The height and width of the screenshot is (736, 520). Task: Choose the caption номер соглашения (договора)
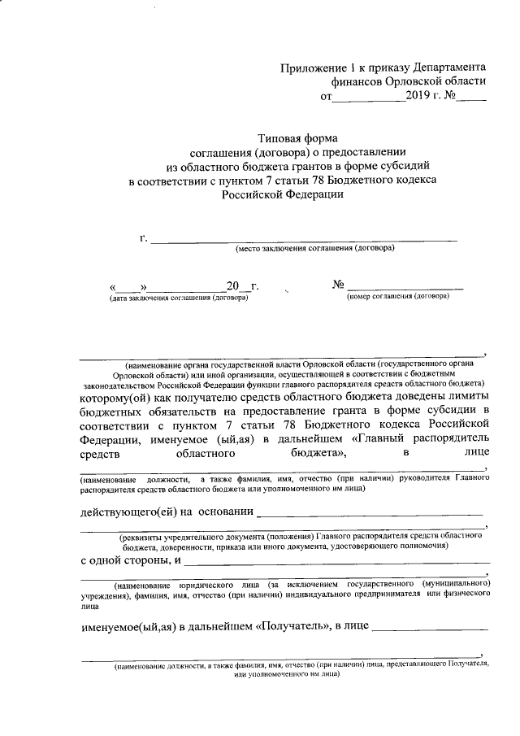[x=398, y=297]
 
